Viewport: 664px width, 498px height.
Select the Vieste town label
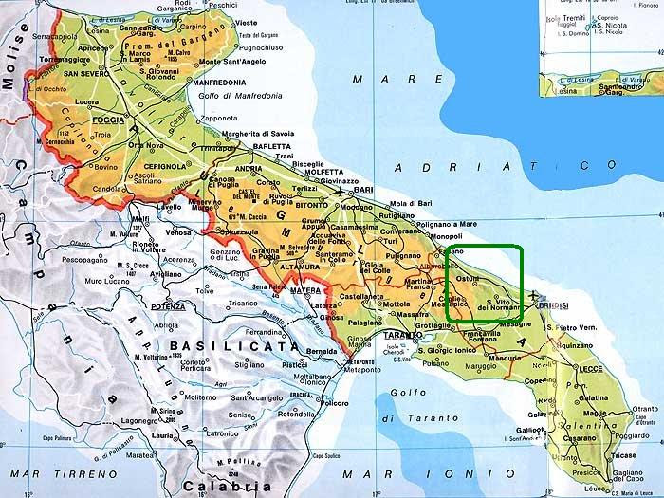246,21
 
